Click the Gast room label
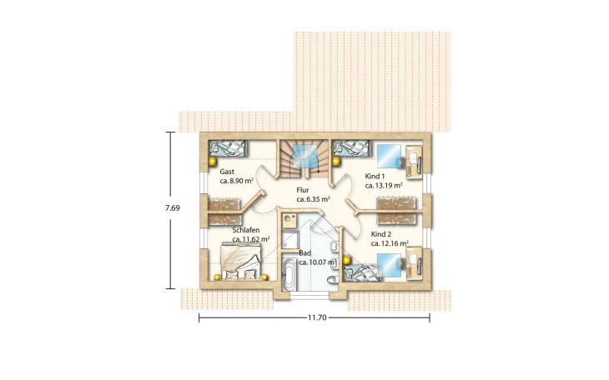227,172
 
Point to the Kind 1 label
375,176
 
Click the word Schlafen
246,230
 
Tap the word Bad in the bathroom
304,253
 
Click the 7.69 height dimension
173,208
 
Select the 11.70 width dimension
317,317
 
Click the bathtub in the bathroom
288,275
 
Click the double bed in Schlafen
241,261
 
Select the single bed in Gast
228,148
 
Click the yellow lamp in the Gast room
212,161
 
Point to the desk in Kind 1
414,162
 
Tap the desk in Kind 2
414,263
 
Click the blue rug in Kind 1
389,156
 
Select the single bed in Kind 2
361,272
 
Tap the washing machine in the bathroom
288,221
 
